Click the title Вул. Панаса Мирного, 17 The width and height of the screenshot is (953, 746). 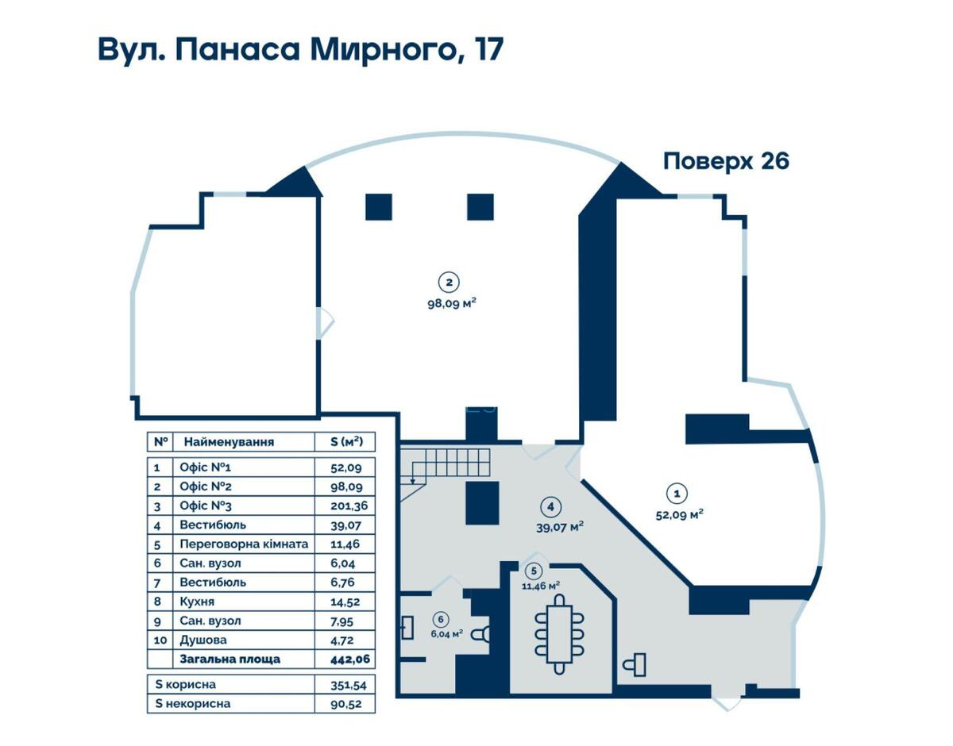click(x=300, y=49)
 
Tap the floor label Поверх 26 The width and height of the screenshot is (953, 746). click(x=726, y=161)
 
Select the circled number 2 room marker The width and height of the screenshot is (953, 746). click(x=449, y=282)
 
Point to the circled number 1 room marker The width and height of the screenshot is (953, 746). click(x=677, y=493)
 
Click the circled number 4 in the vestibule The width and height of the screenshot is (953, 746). click(x=548, y=506)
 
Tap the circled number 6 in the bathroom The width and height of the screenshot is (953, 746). click(x=439, y=619)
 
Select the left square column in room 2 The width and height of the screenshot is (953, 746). click(x=379, y=206)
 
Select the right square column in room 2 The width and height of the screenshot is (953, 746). click(x=480, y=206)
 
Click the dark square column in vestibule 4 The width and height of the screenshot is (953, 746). click(x=482, y=503)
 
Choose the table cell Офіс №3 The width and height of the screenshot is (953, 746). click(x=206, y=506)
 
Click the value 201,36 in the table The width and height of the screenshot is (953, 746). click(x=342, y=506)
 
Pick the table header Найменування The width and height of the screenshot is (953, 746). click(x=229, y=442)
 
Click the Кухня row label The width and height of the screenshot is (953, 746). click(x=199, y=602)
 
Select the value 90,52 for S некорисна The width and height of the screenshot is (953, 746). click(x=342, y=704)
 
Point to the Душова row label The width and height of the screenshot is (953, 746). click(x=203, y=640)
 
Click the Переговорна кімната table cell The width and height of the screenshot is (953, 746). click(x=243, y=544)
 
